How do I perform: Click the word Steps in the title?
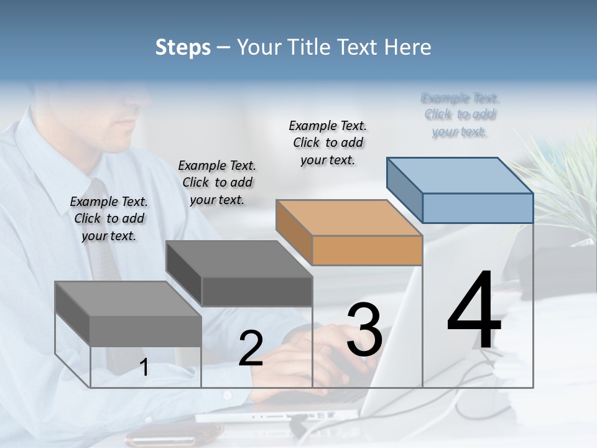pyautogui.click(x=183, y=47)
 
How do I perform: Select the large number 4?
pyautogui.click(x=474, y=310)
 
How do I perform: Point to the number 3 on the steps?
pyautogui.click(x=364, y=330)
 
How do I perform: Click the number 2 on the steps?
pyautogui.click(x=251, y=348)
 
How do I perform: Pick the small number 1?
pyautogui.click(x=144, y=368)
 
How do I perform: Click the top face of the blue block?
pyautogui.click(x=460, y=175)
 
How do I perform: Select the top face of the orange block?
pyautogui.click(x=349, y=218)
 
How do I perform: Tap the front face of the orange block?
pyautogui.click(x=367, y=250)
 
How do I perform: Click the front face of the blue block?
pyautogui.click(x=478, y=208)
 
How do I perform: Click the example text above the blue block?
pyautogui.click(x=460, y=115)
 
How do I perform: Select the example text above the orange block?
pyautogui.click(x=328, y=142)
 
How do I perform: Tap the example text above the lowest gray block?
pyautogui.click(x=109, y=218)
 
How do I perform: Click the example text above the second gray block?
pyautogui.click(x=217, y=182)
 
